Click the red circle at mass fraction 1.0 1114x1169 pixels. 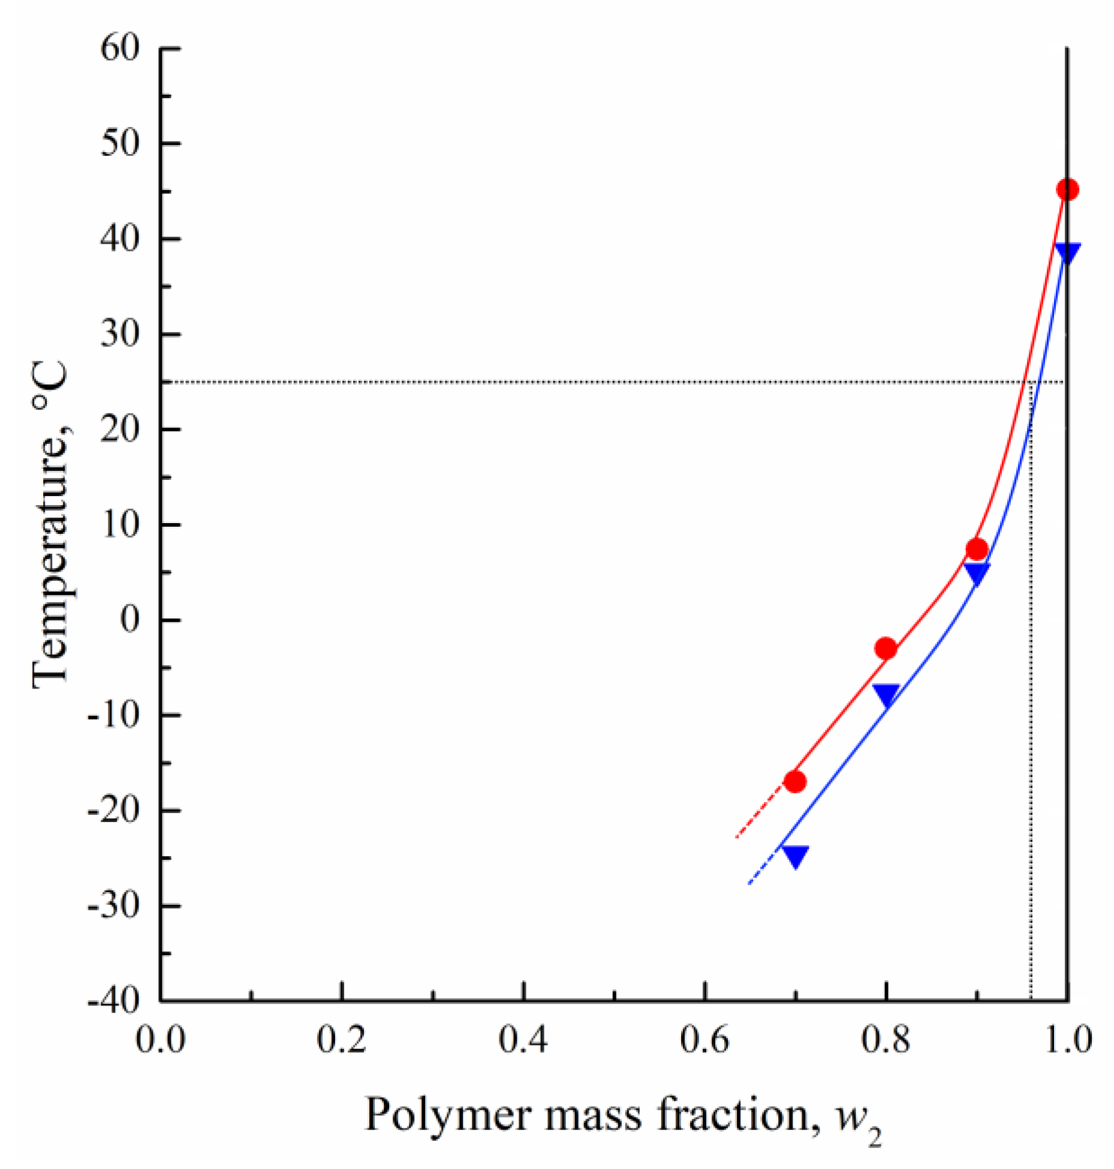pyautogui.click(x=1067, y=189)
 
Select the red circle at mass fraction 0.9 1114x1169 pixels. pyautogui.click(x=977, y=548)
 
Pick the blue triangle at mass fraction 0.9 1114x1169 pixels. pyautogui.click(x=977, y=572)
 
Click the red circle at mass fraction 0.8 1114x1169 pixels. pyautogui.click(x=886, y=648)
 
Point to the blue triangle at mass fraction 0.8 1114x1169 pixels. pyautogui.click(x=886, y=693)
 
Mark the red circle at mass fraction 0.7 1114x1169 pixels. pyautogui.click(x=794, y=781)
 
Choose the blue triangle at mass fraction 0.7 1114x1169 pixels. pyautogui.click(x=795, y=855)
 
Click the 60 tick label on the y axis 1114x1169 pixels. pyautogui.click(x=120, y=48)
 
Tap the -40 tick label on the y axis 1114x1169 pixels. pyautogui.click(x=114, y=1001)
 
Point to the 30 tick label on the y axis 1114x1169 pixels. pyautogui.click(x=120, y=334)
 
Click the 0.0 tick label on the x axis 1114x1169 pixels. pyautogui.click(x=160, y=1041)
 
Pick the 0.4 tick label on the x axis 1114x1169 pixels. pyautogui.click(x=523, y=1041)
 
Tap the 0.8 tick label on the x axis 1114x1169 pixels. pyautogui.click(x=886, y=1041)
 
